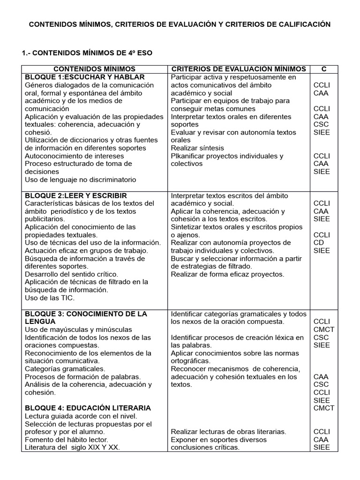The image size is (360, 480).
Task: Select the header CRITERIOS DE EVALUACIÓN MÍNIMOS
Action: coord(238,69)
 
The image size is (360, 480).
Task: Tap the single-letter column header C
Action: coord(323,69)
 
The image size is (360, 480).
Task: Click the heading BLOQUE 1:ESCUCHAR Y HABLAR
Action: coord(85,77)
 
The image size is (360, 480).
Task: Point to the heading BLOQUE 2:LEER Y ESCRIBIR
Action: coord(76,195)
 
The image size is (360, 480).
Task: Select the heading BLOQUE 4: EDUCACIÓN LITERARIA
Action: coord(88,408)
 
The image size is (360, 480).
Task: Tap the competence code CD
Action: coord(318,243)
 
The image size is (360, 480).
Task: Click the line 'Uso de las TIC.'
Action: coord(50,298)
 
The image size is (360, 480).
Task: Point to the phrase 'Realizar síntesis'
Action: coord(197,148)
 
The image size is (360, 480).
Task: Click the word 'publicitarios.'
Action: coord(45,219)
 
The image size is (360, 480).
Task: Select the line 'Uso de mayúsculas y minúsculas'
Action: coord(78,330)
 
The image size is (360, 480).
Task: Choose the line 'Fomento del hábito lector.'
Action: coord(67,440)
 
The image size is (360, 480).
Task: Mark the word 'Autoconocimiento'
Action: coord(52,156)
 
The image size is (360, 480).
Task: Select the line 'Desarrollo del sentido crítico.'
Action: coord(71,274)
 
